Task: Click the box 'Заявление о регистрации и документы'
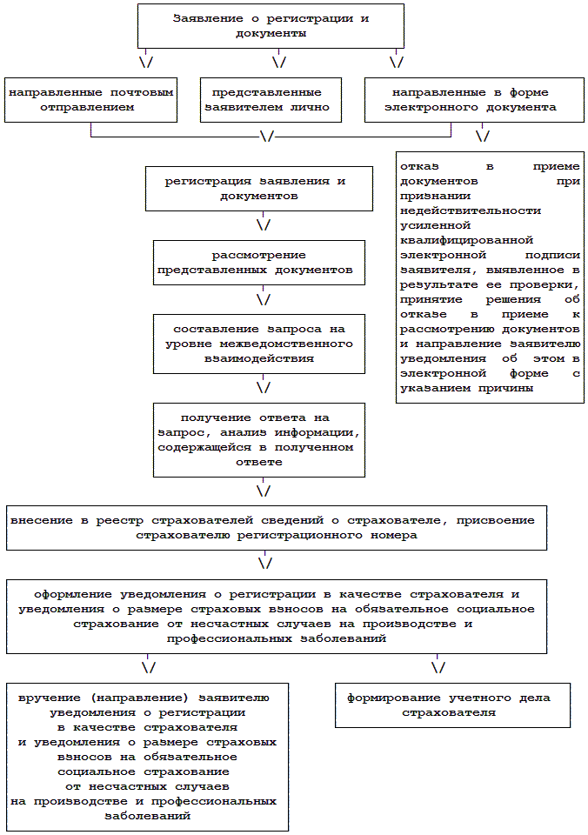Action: pos(271,25)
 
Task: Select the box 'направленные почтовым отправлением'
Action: pos(91,100)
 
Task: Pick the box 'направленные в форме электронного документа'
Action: pos(473,100)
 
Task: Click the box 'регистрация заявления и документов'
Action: pos(255,189)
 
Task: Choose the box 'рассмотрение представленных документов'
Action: pos(259,262)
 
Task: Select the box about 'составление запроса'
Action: pos(259,343)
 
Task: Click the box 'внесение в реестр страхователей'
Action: pos(277,527)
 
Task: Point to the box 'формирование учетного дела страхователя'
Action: pos(448,705)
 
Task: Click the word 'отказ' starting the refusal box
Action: pos(418,165)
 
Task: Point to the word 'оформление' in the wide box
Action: pos(70,594)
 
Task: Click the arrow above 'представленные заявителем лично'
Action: pos(279,62)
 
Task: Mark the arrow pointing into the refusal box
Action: pos(482,137)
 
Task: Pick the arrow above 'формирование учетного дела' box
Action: pos(438,667)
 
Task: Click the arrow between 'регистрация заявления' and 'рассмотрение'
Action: pos(263,224)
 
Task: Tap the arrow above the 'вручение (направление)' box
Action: pos(148,667)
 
